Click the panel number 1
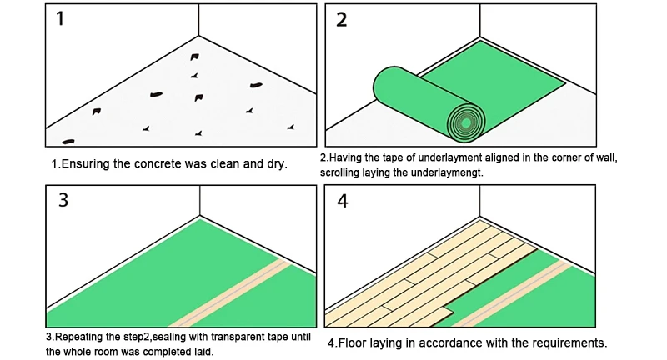(59, 19)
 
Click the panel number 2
(341, 19)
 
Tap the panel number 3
(63, 200)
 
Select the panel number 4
(342, 200)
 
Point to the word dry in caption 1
(275, 163)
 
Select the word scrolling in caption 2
(343, 172)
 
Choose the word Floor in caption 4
(356, 342)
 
